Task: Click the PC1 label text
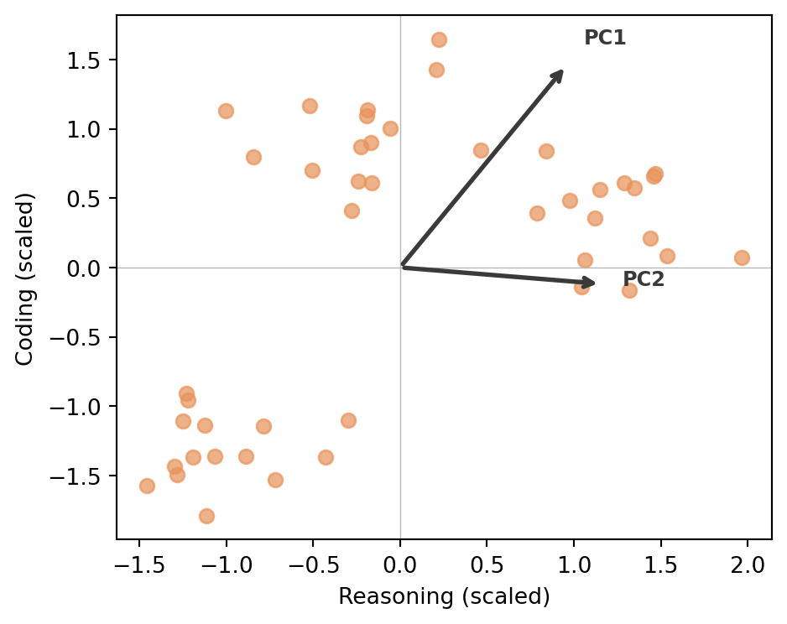point(605,38)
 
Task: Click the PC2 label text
point(644,279)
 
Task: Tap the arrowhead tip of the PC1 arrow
point(563,70)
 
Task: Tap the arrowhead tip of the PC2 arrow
point(595,283)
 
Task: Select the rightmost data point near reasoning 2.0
point(742,257)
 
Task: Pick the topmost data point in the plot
point(439,39)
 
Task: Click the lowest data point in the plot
point(206,516)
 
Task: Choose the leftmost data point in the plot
point(147,486)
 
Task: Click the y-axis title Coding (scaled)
point(24,279)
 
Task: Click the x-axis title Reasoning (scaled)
point(444,596)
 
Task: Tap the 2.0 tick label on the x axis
point(748,565)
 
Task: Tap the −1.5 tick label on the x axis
point(139,565)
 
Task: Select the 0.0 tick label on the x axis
point(400,565)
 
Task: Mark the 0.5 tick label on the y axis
point(83,199)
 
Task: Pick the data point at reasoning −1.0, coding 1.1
point(226,111)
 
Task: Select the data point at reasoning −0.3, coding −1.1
point(348,420)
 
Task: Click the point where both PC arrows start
point(403,267)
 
